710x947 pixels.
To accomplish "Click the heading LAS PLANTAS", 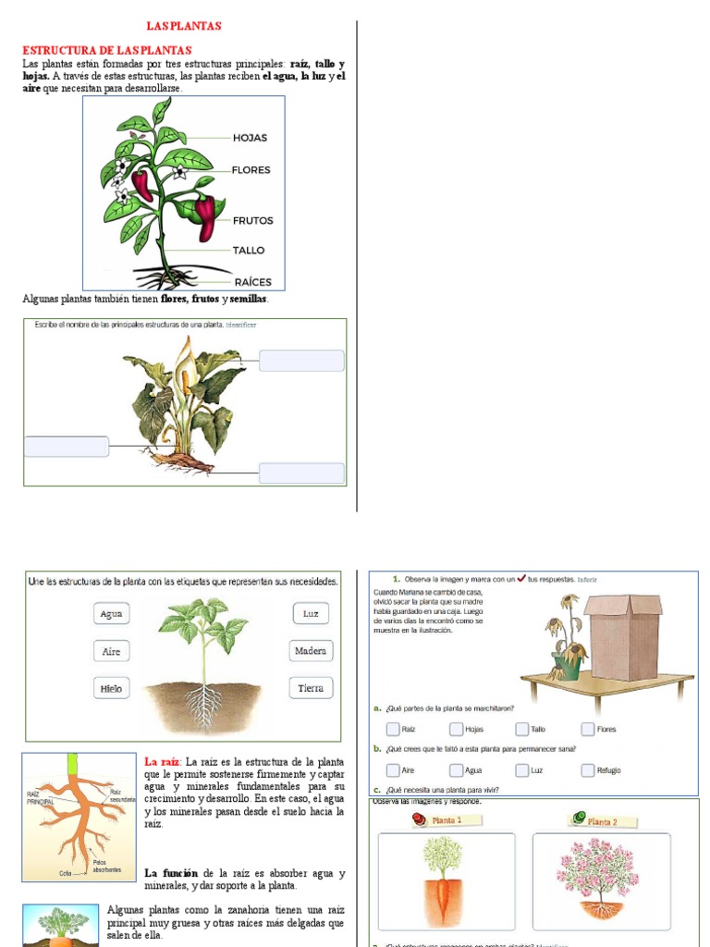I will (184, 27).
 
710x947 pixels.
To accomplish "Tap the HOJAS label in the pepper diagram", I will (250, 138).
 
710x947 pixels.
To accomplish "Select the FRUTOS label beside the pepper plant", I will (252, 221).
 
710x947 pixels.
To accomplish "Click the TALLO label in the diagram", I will (249, 251).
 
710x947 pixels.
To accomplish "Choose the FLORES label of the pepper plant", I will (251, 170).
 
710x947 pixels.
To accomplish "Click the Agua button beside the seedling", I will (111, 614).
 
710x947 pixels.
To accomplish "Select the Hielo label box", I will (111, 688).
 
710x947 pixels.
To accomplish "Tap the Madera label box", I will (311, 651).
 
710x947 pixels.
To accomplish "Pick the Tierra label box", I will (311, 688).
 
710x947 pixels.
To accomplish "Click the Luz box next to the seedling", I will (311, 613).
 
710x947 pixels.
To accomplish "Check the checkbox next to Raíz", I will (393, 729).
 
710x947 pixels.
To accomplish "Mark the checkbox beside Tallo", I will (522, 729).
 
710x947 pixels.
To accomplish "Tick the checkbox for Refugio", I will (588, 769).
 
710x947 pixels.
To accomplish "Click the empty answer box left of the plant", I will (66, 446).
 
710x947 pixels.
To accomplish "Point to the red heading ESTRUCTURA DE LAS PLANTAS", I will (106, 50).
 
